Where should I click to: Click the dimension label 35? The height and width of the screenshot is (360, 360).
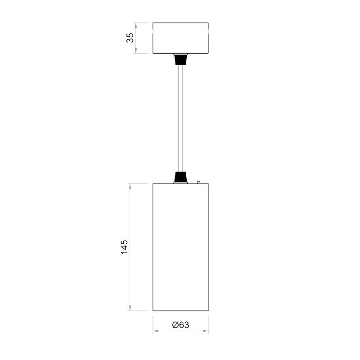(130, 38)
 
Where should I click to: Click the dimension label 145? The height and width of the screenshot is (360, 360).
(125, 247)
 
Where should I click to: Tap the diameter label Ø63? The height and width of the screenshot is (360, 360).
(181, 325)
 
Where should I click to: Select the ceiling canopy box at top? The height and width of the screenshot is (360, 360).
(181, 38)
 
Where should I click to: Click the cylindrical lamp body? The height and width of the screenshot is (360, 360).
(181, 247)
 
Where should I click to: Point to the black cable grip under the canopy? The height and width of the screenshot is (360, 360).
(181, 59)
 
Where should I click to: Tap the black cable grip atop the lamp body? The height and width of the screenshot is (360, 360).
(181, 177)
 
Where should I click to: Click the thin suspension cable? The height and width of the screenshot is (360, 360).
(181, 118)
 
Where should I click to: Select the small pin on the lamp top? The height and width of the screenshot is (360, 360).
(198, 182)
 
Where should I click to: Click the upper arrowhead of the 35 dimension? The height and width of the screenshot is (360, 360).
(136, 26)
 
